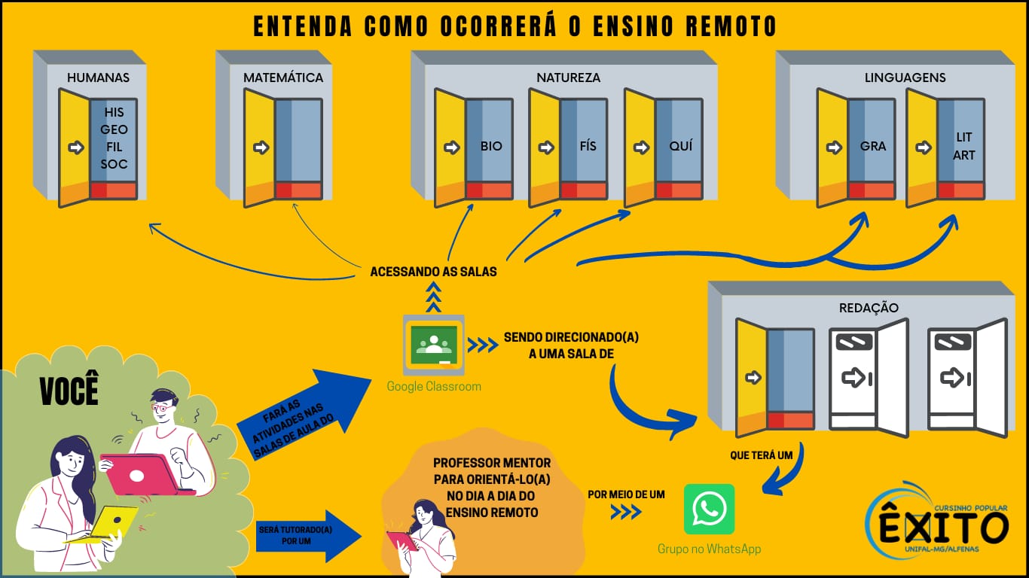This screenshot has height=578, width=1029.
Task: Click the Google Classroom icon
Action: (434, 345)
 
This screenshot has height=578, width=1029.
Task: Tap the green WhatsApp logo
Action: (710, 509)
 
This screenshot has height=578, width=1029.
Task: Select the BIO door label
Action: (491, 147)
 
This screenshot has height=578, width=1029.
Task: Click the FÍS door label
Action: (588, 145)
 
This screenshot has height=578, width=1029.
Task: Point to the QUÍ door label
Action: (681, 145)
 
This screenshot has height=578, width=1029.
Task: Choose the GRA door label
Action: (873, 147)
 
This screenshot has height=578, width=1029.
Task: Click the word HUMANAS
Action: (99, 78)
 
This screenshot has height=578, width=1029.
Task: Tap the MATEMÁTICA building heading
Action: (283, 78)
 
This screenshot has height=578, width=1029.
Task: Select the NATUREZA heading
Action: (568, 78)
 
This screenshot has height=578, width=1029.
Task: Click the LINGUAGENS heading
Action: (905, 78)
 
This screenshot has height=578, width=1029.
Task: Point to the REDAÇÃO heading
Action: (869, 308)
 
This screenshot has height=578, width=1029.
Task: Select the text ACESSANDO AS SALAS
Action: (433, 272)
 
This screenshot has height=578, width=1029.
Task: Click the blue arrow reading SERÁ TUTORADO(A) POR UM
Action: (309, 536)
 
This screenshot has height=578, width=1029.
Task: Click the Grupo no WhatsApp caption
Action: (710, 549)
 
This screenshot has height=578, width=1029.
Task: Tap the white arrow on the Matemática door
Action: (261, 148)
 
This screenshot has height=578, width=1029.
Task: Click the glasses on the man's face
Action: (163, 407)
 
